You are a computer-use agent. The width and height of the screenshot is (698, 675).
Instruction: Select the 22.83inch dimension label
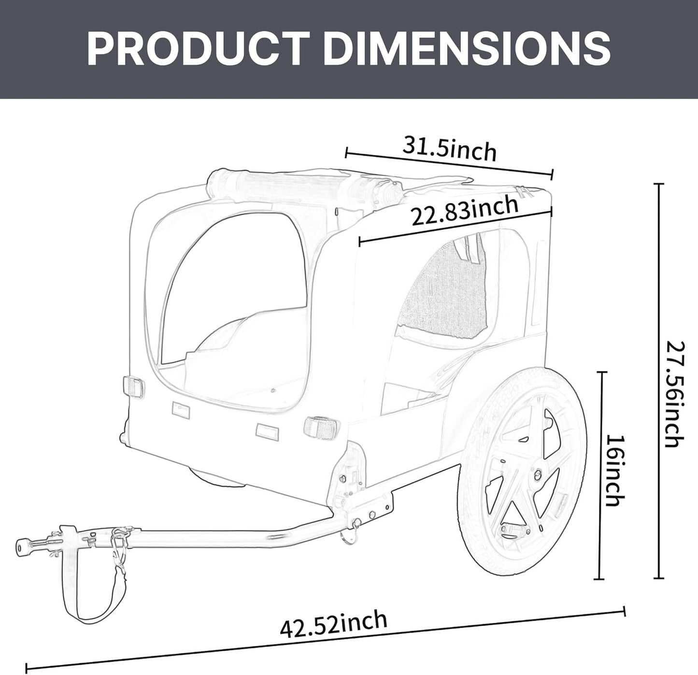[x=464, y=212]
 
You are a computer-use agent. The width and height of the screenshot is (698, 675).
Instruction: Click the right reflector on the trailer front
[x=321, y=426]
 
